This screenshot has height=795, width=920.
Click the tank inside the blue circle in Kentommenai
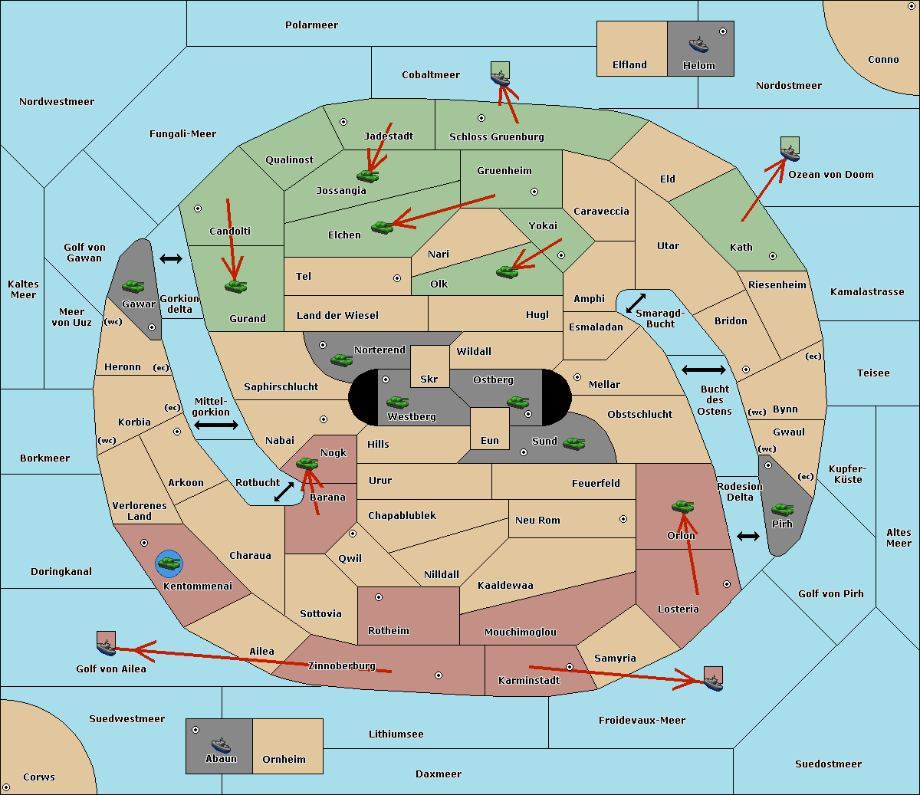[x=169, y=563]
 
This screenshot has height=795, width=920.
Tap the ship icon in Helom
[x=698, y=44]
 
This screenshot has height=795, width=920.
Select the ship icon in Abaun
[x=221, y=744]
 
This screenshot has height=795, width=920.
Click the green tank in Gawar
[x=133, y=286]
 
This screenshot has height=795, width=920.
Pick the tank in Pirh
[x=782, y=509]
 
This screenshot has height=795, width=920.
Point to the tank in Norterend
[x=341, y=360]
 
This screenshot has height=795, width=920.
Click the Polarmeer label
[x=311, y=25]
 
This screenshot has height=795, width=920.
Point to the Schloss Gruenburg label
[x=497, y=136]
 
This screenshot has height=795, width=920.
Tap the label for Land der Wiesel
[x=337, y=316]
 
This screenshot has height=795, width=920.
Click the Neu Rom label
[x=537, y=520]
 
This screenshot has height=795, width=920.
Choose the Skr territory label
[x=429, y=379]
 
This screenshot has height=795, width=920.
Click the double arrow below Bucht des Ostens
[x=748, y=537]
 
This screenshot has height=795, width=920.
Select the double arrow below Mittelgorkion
[x=216, y=425]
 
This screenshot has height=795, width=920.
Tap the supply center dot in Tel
[x=397, y=278]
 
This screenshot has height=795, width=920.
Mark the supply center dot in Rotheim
[x=378, y=597]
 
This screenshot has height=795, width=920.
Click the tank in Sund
[x=573, y=443]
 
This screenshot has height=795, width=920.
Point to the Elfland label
[x=629, y=65]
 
